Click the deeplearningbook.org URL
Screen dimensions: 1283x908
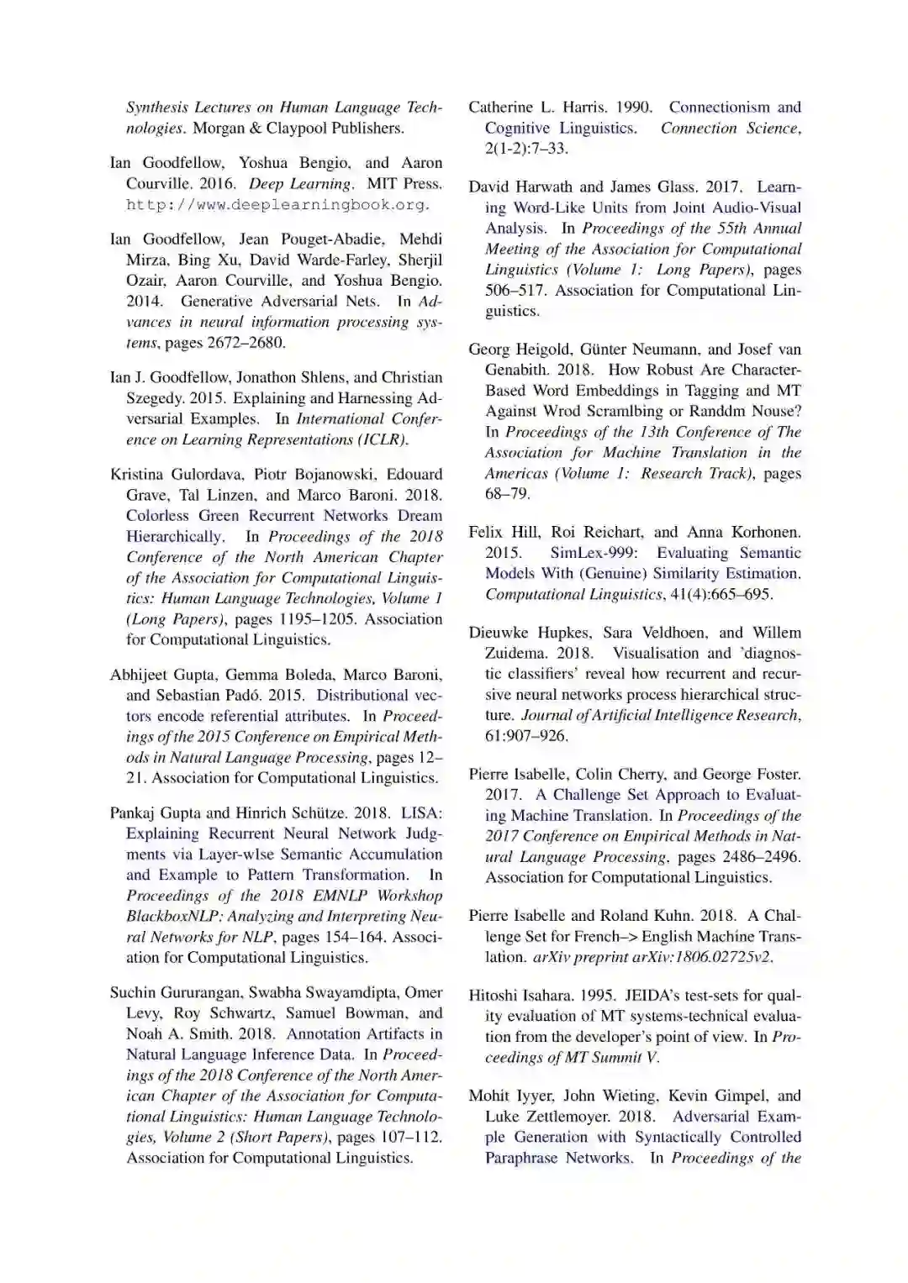tap(277, 205)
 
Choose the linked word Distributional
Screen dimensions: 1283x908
tap(362, 696)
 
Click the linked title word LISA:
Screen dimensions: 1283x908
tap(421, 813)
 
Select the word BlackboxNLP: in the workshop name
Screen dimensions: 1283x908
tap(166, 917)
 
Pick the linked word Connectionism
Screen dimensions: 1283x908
tap(719, 108)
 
